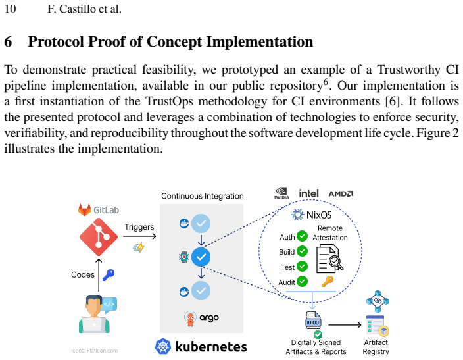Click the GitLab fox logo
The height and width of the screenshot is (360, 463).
click(84, 209)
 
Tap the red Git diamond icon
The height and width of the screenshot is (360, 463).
click(99, 237)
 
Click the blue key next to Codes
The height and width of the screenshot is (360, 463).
click(109, 275)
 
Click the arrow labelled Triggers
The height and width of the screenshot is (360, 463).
click(139, 236)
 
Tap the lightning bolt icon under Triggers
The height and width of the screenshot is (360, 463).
click(139, 247)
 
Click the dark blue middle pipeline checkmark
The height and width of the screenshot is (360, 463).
click(201, 257)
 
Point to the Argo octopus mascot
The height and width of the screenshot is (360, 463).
click(190, 319)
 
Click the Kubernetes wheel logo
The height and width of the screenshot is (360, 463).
click(163, 346)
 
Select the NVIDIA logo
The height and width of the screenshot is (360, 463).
click(281, 193)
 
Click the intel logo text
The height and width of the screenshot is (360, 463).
click(308, 193)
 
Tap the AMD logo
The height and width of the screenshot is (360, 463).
click(341, 194)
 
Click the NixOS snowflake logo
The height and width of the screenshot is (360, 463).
click(297, 215)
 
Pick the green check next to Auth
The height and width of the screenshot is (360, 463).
click(302, 236)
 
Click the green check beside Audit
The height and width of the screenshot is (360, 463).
click(302, 282)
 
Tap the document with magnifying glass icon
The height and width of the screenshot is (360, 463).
click(330, 259)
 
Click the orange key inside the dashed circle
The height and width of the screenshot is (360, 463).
click(328, 281)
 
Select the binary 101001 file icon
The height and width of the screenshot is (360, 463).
click(313, 320)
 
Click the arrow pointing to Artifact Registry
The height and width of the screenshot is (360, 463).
click(345, 325)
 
